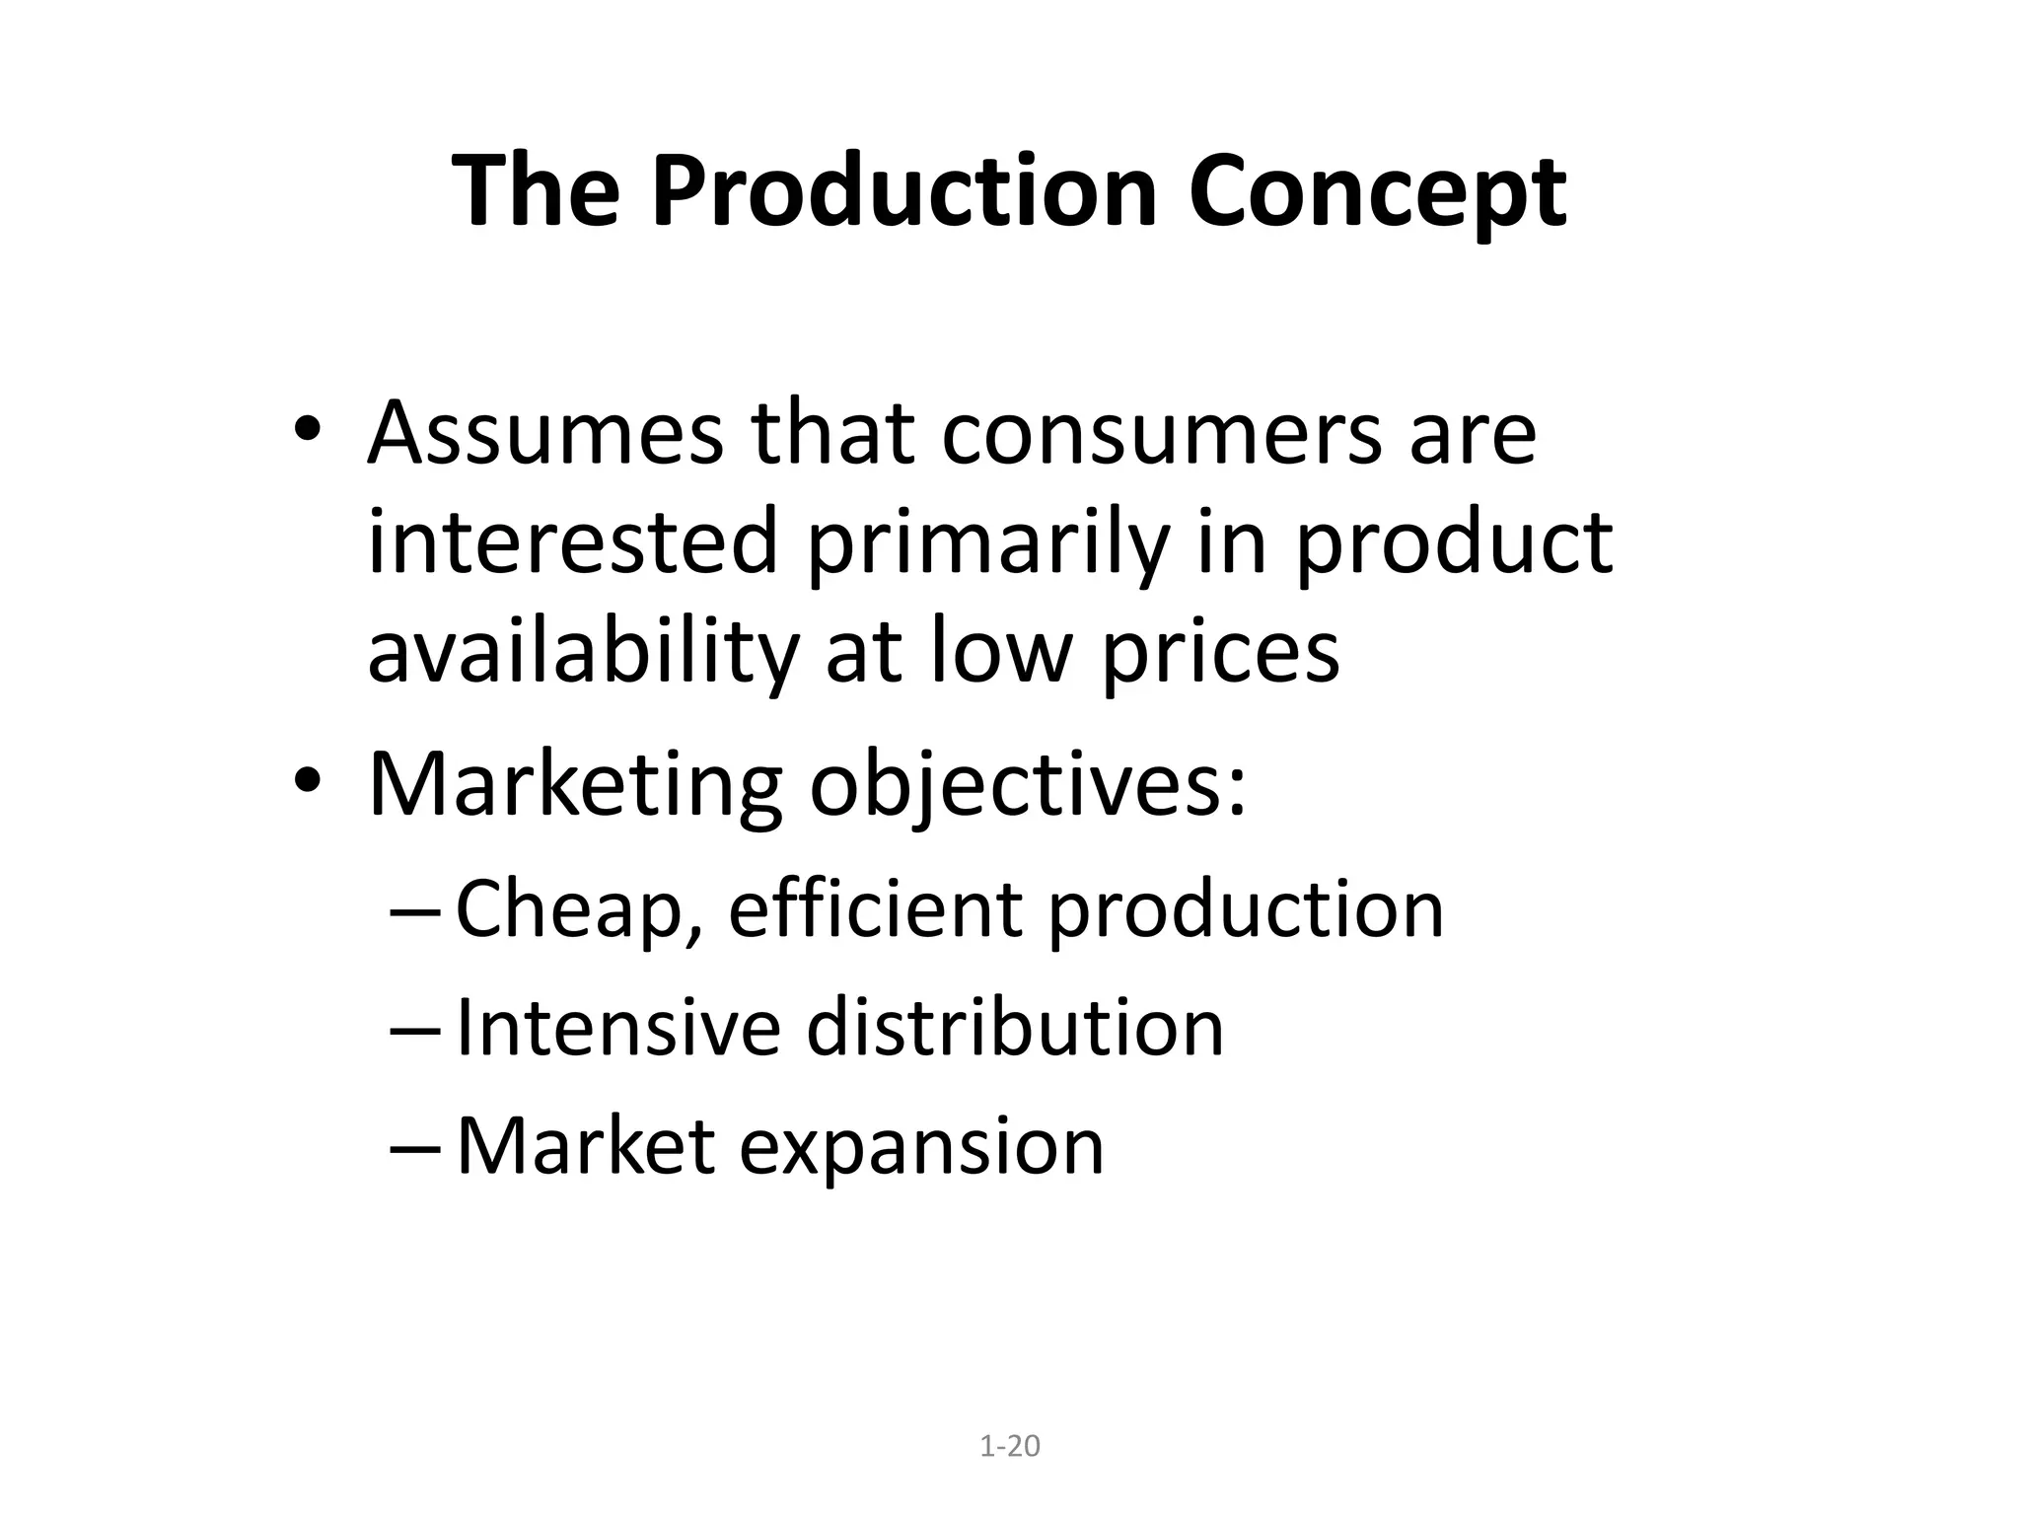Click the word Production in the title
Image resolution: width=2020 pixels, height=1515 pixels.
pyautogui.click(x=903, y=192)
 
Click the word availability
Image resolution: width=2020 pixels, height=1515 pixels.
pyautogui.click(x=581, y=651)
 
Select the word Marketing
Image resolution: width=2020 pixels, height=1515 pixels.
pyautogui.click(x=575, y=785)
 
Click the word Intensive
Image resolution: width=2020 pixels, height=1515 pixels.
pyautogui.click(x=618, y=1028)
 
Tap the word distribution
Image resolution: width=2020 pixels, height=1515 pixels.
pyautogui.click(x=1015, y=1028)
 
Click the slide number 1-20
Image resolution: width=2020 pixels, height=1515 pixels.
pyautogui.click(x=1010, y=1447)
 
